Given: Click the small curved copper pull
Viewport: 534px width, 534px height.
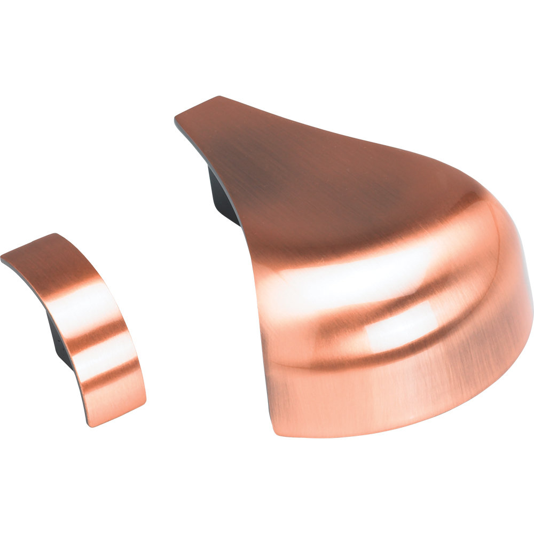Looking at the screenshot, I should click(x=80, y=320).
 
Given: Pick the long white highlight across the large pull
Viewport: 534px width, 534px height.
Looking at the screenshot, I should click(x=347, y=278).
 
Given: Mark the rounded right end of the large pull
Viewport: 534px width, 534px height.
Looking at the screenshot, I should click(x=513, y=299).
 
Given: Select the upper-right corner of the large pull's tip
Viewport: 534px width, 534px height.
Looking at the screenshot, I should click(x=219, y=98).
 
